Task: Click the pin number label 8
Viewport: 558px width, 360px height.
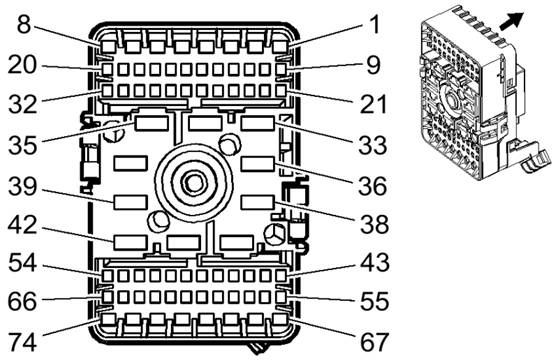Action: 24,25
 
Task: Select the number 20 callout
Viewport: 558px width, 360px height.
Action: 22,65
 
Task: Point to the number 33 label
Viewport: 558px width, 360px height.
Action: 373,145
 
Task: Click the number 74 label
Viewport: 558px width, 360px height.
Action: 22,342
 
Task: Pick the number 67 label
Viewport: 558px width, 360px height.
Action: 374,342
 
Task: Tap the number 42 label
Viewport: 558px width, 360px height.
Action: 22,225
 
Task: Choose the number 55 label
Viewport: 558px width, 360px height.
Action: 374,301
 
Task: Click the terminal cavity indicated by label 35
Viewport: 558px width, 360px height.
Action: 151,123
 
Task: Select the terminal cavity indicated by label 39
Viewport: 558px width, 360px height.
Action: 131,202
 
